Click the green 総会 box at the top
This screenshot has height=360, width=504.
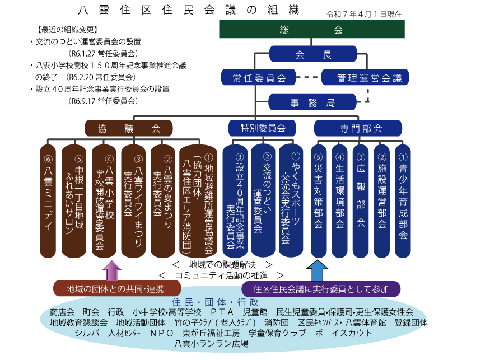pos(311,29)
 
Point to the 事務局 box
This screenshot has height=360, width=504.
pos(312,102)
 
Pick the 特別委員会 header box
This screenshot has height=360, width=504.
pos(263,128)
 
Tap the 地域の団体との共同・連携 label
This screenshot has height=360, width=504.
pos(115,289)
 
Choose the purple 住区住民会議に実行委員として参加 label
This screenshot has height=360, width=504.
pos(321,289)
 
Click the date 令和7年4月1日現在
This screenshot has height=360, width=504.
pos(365,14)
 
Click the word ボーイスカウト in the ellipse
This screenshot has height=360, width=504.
pos(344,333)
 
